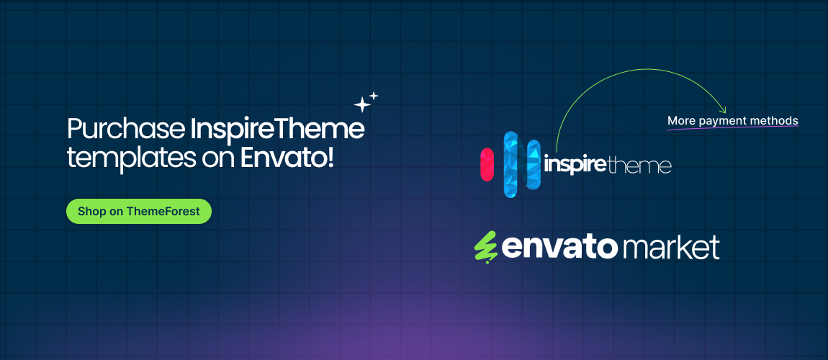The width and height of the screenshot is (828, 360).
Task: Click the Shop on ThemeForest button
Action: tap(139, 212)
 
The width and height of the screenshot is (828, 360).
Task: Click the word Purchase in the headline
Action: tap(126, 130)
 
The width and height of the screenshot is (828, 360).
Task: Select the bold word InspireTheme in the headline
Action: tap(277, 130)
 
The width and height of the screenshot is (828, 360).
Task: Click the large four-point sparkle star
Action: tap(362, 105)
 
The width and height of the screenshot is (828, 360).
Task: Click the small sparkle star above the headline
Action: tap(374, 95)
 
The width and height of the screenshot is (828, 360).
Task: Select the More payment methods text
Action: tap(732, 120)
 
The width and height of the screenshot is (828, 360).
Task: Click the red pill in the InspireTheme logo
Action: tap(487, 164)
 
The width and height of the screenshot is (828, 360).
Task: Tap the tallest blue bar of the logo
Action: tap(511, 164)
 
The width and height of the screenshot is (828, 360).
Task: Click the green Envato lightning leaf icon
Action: tap(485, 247)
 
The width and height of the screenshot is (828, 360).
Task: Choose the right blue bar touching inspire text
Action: tap(534, 165)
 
